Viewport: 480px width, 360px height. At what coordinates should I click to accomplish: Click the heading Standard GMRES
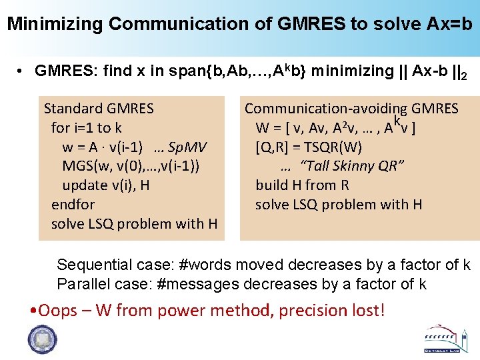coord(99,108)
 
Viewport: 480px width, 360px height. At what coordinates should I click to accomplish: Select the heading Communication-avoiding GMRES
coord(351,108)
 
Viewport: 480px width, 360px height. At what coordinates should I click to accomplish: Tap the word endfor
coord(73,204)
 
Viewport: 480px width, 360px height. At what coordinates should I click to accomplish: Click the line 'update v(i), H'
coord(105,185)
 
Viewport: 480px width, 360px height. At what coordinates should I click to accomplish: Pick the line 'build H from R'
coord(302,185)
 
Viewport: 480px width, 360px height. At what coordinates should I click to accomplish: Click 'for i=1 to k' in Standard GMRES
coord(86,127)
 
